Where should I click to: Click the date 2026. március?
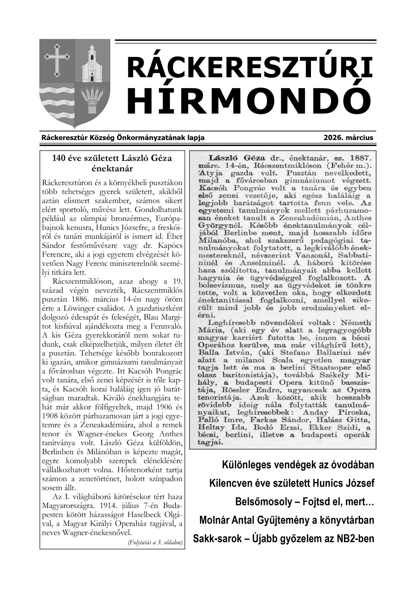point(348,138)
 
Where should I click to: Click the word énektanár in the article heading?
point(112,169)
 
